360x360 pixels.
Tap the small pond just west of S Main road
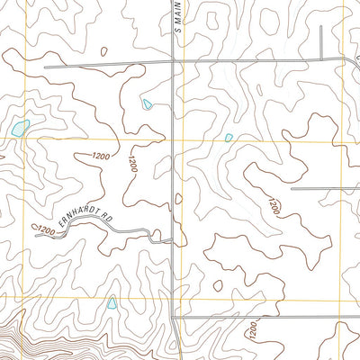147,104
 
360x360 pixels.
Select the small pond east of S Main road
229,138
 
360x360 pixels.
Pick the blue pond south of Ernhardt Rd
112,303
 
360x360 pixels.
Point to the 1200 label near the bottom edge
254,334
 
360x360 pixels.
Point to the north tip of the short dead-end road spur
321,27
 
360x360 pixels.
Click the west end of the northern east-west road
40,67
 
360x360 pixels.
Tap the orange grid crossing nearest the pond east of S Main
184,139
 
